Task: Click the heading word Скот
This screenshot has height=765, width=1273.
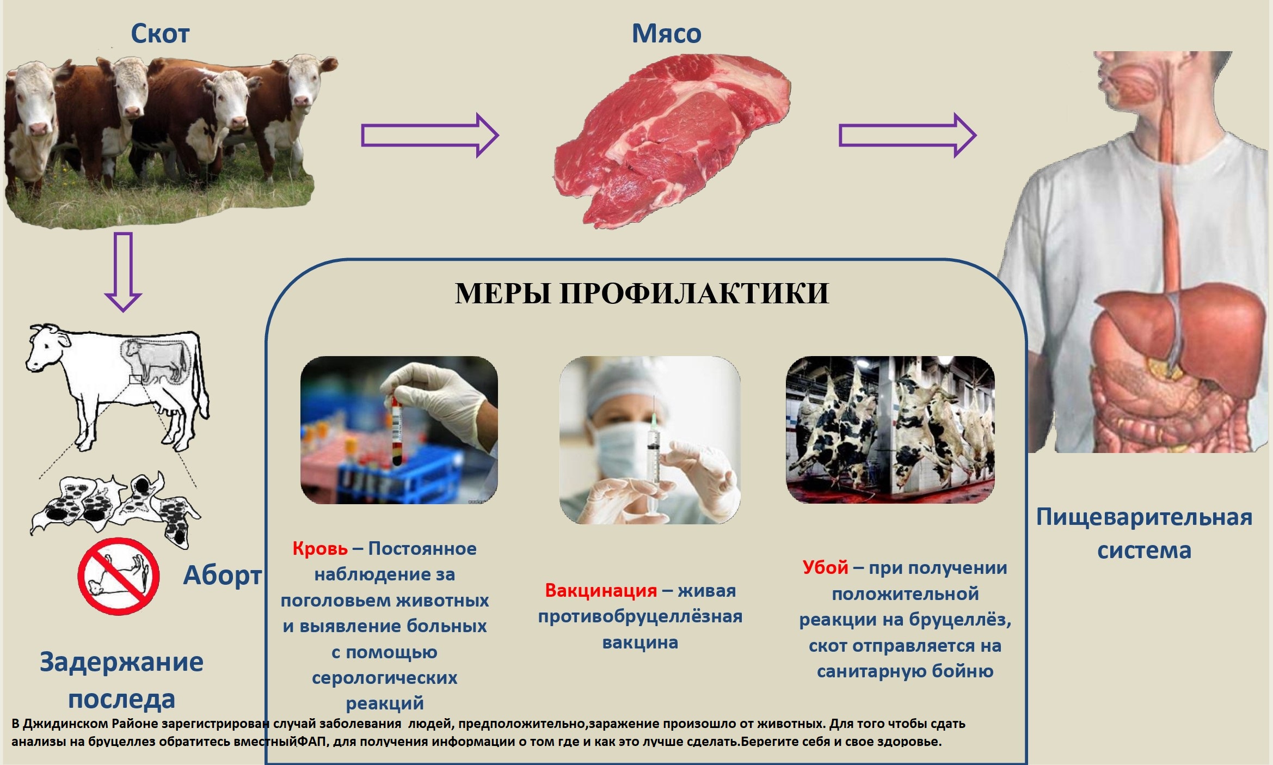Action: click(160, 34)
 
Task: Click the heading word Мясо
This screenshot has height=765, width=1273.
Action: click(666, 34)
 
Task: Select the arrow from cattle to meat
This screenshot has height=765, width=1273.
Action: click(430, 136)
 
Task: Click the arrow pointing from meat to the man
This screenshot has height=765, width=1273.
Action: click(907, 136)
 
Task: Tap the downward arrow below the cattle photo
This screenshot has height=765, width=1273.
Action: click(123, 272)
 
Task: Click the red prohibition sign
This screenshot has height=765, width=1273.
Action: click(118, 576)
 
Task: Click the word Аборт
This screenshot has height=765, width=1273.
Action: click(222, 575)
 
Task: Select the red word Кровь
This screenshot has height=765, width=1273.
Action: click(320, 548)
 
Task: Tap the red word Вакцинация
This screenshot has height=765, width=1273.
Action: click(601, 591)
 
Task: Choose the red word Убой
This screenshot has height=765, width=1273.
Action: click(825, 568)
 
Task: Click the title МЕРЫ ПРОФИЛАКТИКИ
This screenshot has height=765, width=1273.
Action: click(642, 293)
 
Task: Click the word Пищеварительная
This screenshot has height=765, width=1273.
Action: click(1144, 517)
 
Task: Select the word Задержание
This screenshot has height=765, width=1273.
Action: click(121, 663)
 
